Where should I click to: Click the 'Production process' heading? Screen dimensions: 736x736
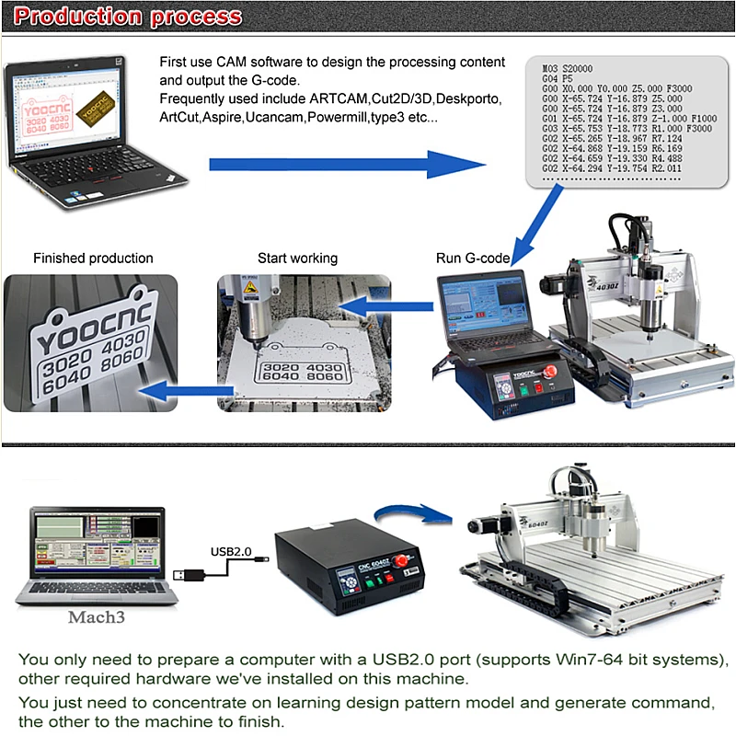point(130,17)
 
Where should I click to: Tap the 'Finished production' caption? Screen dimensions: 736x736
point(93,259)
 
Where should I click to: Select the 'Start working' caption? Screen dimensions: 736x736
point(297,259)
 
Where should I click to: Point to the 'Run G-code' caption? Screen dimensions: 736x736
point(472,259)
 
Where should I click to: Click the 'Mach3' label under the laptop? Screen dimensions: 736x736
point(95,617)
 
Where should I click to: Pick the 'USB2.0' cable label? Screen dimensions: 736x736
point(231,551)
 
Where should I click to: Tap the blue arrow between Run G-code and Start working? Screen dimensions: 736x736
point(387,305)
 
